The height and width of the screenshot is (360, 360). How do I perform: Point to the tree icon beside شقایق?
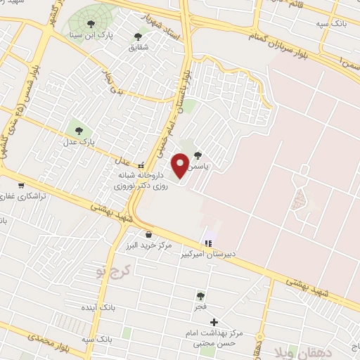pyautogui.click(x=146, y=37)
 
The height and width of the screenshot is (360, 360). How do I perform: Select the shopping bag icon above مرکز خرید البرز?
pyautogui.click(x=148, y=235)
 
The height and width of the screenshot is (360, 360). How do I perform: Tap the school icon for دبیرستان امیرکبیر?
pyautogui.click(x=207, y=243)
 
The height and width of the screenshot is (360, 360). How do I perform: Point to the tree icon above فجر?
pyautogui.click(x=201, y=296)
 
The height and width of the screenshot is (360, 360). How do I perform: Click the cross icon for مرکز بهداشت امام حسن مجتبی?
pyautogui.click(x=214, y=323)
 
